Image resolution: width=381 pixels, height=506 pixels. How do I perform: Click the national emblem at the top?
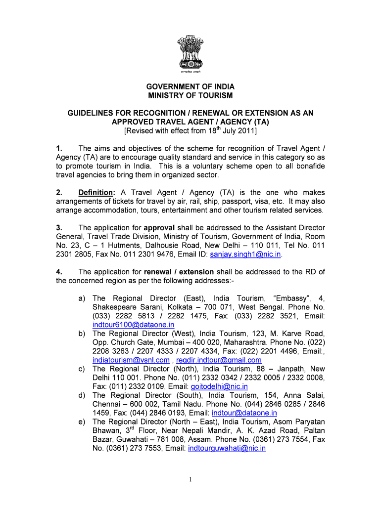[190, 52]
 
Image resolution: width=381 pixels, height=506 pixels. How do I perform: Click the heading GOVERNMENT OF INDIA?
[190, 86]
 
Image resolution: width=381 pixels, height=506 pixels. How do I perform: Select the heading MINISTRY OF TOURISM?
[190, 95]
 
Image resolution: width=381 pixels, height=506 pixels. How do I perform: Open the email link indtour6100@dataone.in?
[134, 325]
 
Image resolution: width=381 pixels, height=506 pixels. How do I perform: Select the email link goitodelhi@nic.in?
[219, 386]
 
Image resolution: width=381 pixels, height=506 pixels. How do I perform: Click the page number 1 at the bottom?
[190, 480]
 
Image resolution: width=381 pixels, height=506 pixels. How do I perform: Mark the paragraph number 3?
[58, 228]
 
